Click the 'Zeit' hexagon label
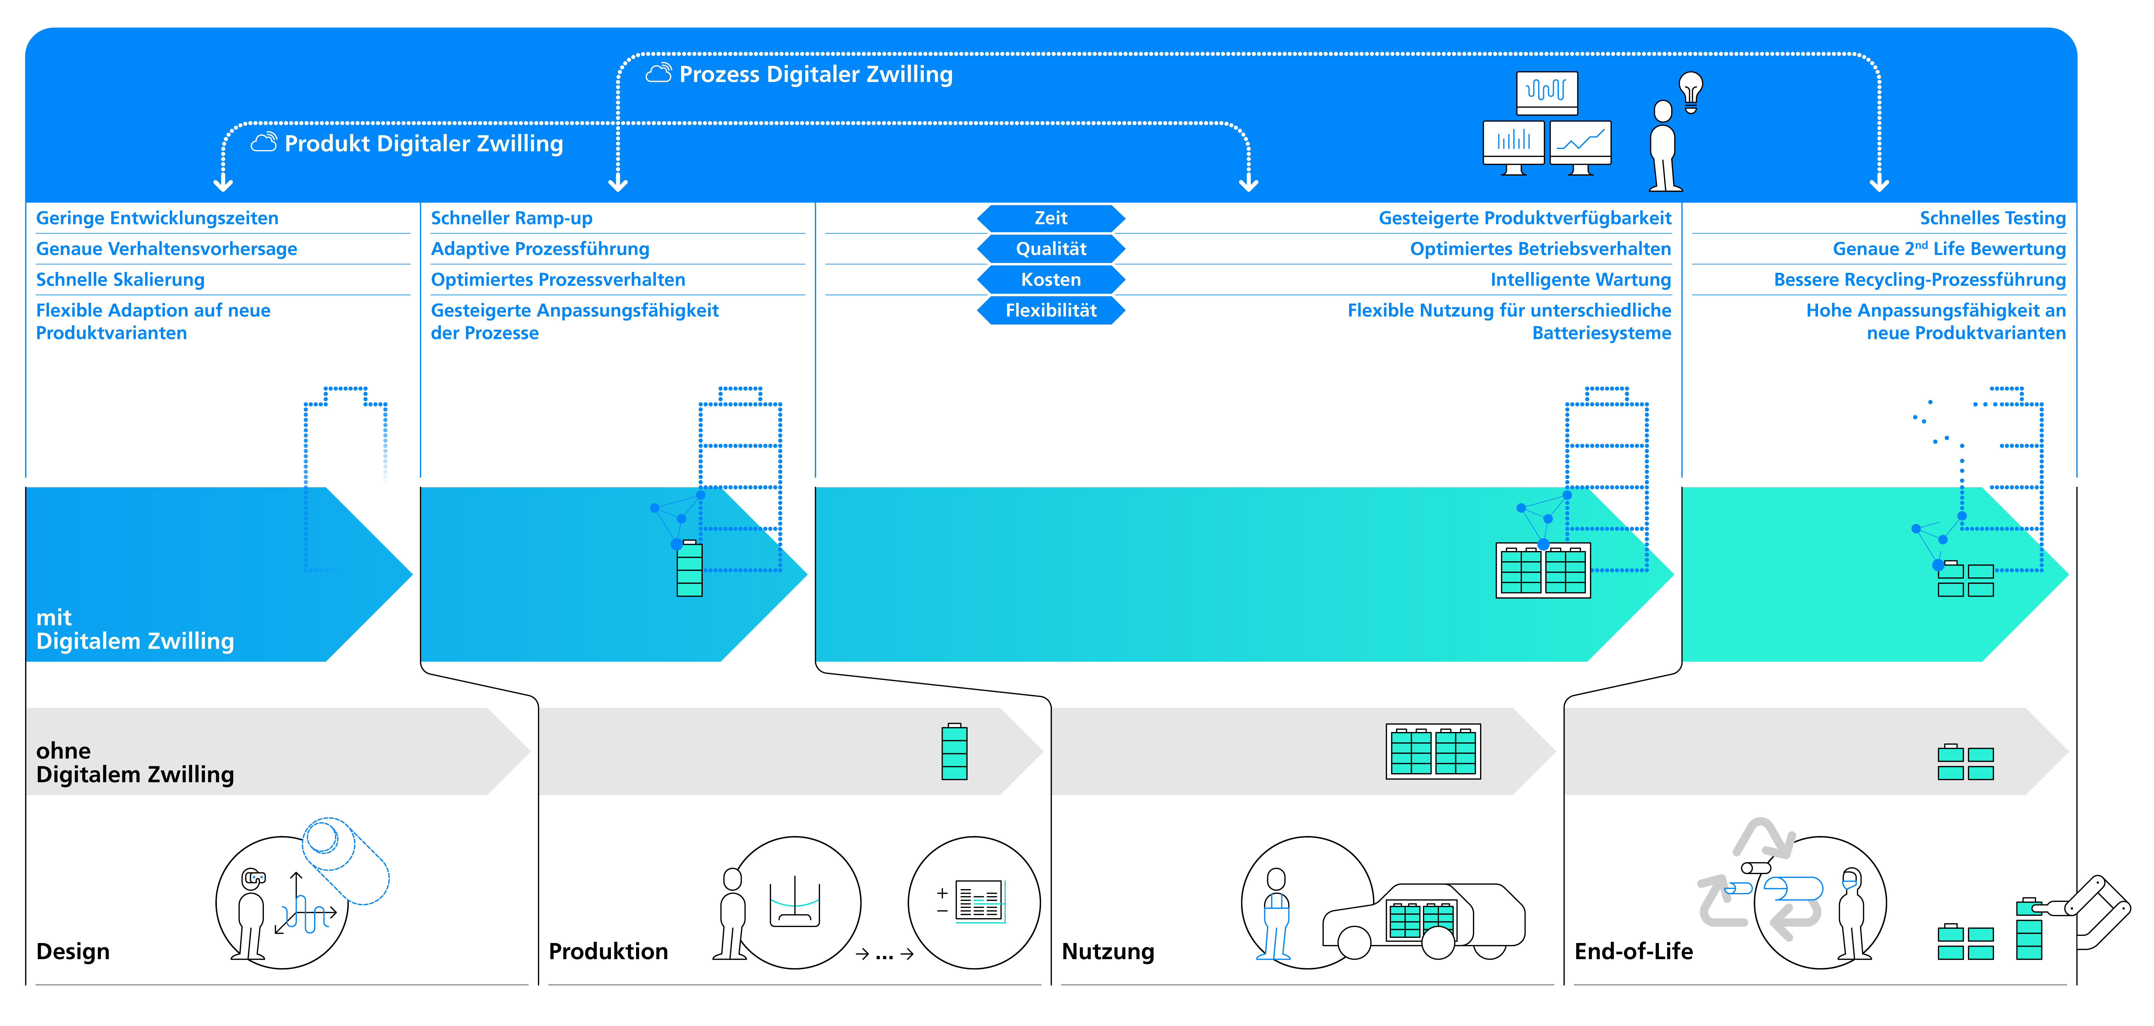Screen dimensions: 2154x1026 (x=1051, y=218)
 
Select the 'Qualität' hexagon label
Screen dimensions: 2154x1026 (x=1051, y=249)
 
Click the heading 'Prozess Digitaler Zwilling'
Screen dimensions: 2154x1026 (x=815, y=74)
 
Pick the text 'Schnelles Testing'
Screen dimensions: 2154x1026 (x=1993, y=218)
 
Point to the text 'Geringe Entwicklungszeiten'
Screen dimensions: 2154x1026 (x=157, y=218)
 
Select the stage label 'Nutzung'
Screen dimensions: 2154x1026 (x=1108, y=952)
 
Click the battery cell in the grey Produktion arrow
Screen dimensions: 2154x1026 (x=954, y=752)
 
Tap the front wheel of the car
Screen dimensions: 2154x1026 (x=1355, y=943)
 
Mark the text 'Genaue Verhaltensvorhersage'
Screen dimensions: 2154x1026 (x=166, y=249)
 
